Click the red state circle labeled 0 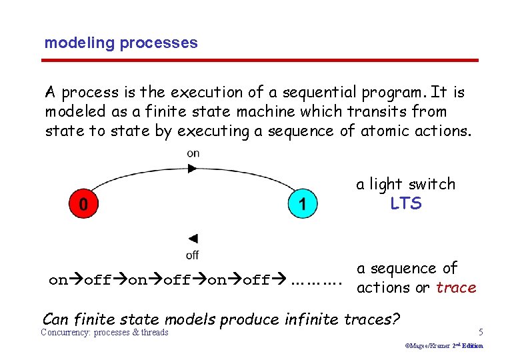click(x=83, y=204)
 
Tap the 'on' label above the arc click(x=193, y=153)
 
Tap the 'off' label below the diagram click(x=192, y=255)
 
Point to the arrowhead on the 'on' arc click(x=193, y=169)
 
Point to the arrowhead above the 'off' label click(x=193, y=239)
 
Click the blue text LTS click(x=406, y=203)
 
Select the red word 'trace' click(x=456, y=288)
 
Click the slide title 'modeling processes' click(x=121, y=43)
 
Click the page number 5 click(x=481, y=332)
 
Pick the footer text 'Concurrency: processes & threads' click(x=105, y=333)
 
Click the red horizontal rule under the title click(x=260, y=61)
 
